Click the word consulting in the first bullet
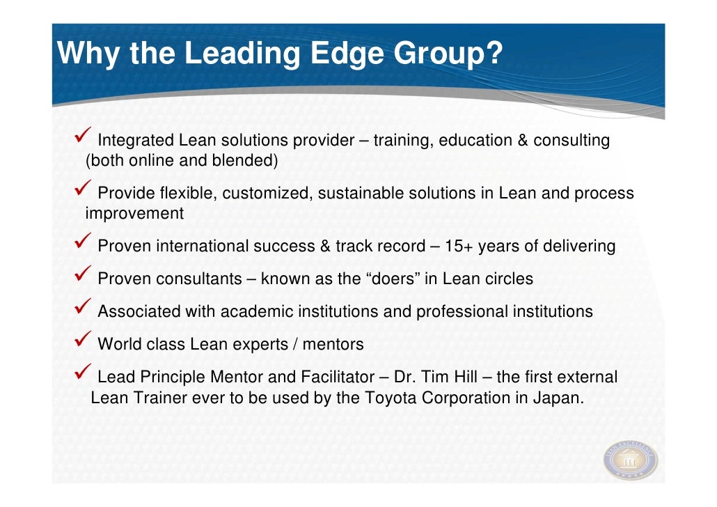[x=572, y=141]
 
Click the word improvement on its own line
[x=134, y=214]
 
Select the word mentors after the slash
[x=333, y=344]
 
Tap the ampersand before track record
[x=324, y=246]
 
